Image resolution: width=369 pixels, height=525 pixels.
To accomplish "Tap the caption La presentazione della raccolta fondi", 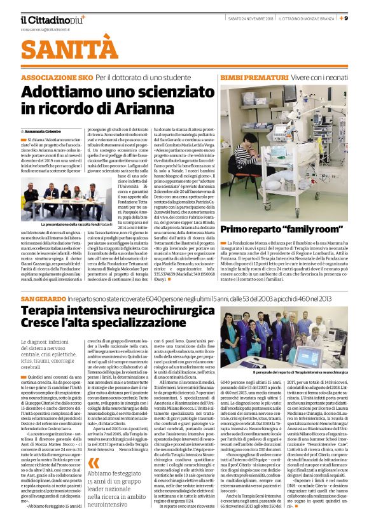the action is tap(77, 225).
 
